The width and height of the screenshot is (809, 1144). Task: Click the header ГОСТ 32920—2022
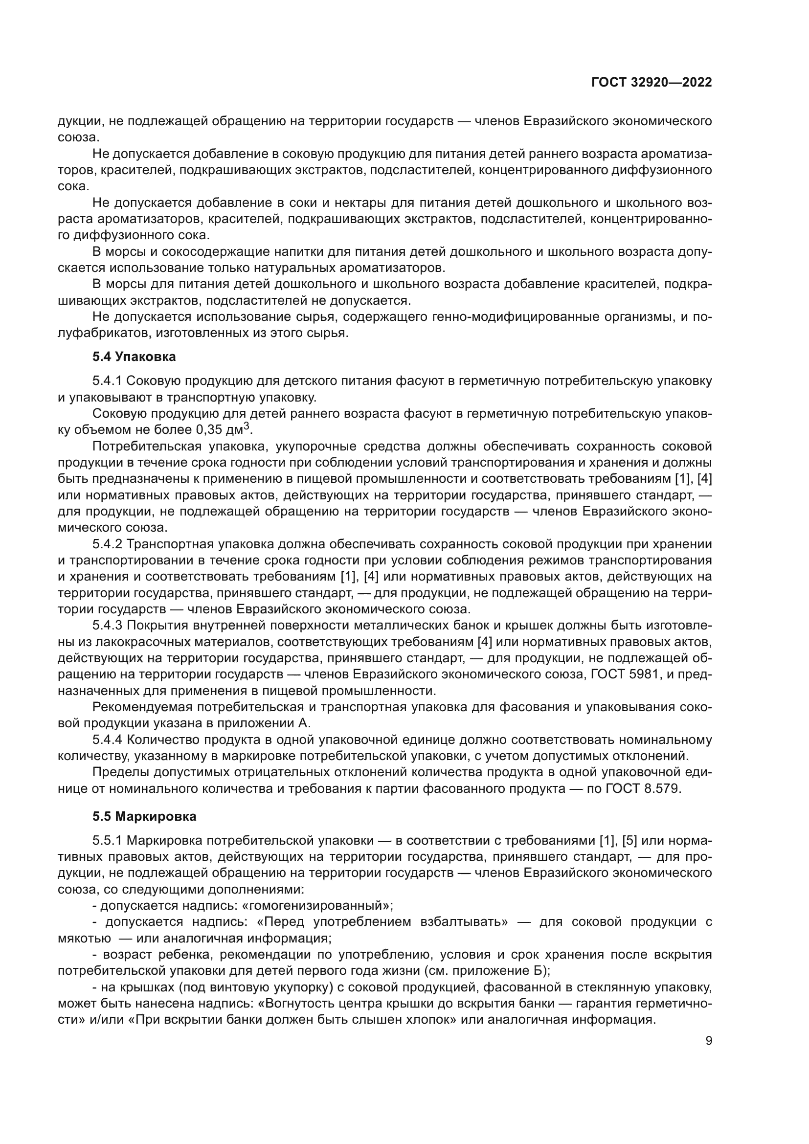click(651, 83)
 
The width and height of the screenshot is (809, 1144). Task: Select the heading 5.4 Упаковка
click(134, 357)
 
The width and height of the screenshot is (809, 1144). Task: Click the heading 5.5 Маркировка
click(144, 817)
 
